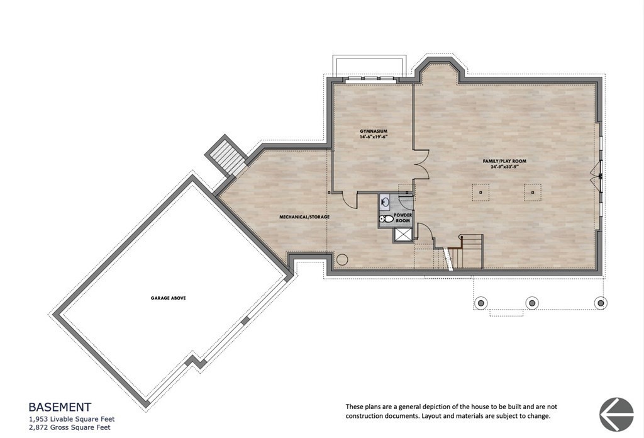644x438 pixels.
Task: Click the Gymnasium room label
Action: [374, 132]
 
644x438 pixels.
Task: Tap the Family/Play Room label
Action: [504, 162]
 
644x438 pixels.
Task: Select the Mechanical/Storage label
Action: [304, 217]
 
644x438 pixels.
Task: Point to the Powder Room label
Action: [402, 218]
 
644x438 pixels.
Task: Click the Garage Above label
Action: [168, 298]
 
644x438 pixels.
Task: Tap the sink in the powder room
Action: [386, 202]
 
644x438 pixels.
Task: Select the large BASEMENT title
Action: [60, 407]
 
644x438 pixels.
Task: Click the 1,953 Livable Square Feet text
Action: [72, 419]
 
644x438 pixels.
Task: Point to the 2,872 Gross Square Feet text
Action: [70, 427]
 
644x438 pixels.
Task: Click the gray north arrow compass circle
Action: [616, 414]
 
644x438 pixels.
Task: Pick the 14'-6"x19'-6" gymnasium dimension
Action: [374, 137]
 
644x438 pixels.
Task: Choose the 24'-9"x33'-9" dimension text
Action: [504, 167]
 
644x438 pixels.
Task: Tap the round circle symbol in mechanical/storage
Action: [342, 260]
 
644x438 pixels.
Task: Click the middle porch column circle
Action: [532, 303]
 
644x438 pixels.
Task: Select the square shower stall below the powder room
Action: [403, 235]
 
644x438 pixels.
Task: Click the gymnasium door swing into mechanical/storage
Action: [350, 199]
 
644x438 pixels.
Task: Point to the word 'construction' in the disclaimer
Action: [364, 416]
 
